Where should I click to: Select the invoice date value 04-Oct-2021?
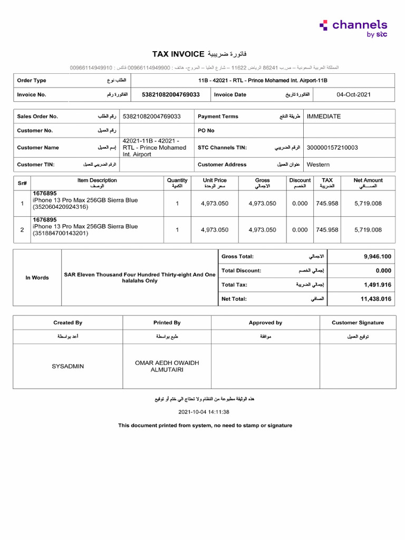[x=353, y=94]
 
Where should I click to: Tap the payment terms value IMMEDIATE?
[x=323, y=116]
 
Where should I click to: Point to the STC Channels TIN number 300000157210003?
[x=332, y=148]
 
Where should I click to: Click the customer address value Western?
[x=318, y=165]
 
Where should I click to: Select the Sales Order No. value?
[x=151, y=116]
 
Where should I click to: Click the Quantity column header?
[x=177, y=183]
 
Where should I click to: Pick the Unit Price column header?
[x=215, y=183]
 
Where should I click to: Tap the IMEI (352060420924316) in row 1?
[x=61, y=207]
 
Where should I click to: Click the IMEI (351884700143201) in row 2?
[x=61, y=233]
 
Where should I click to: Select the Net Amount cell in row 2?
[x=368, y=230]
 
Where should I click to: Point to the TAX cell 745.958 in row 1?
[x=327, y=204]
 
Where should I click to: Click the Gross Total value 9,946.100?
[x=377, y=256]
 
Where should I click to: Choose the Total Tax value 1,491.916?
[x=377, y=285]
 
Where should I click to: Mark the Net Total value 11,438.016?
[x=375, y=299]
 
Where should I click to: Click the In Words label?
[x=37, y=277]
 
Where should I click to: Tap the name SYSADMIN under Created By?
[x=67, y=366]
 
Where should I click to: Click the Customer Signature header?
[x=358, y=323]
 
